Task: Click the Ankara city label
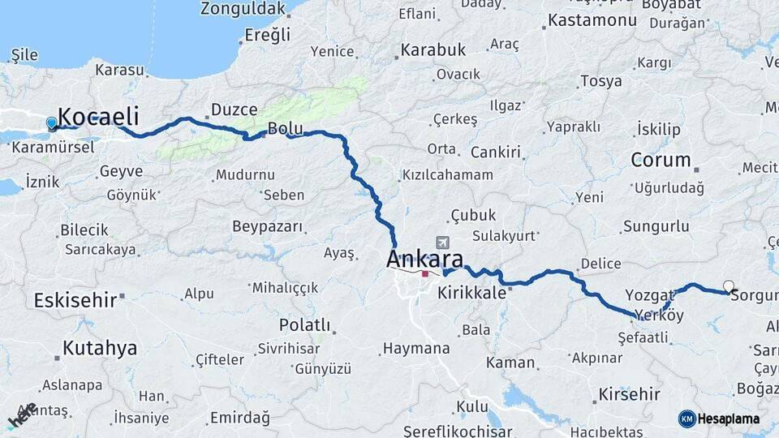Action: [425, 260]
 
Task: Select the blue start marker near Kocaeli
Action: [52, 123]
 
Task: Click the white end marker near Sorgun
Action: [729, 286]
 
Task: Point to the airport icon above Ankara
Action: [442, 243]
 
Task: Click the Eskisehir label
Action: [75, 300]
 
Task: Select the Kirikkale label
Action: [471, 292]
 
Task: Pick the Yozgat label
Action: [650, 294]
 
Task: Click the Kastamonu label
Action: [592, 20]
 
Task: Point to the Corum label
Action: [661, 160]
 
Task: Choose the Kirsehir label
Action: [629, 395]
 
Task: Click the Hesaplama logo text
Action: [729, 419]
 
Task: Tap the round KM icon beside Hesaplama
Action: [686, 419]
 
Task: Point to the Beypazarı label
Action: [267, 226]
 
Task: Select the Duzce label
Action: [234, 109]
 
